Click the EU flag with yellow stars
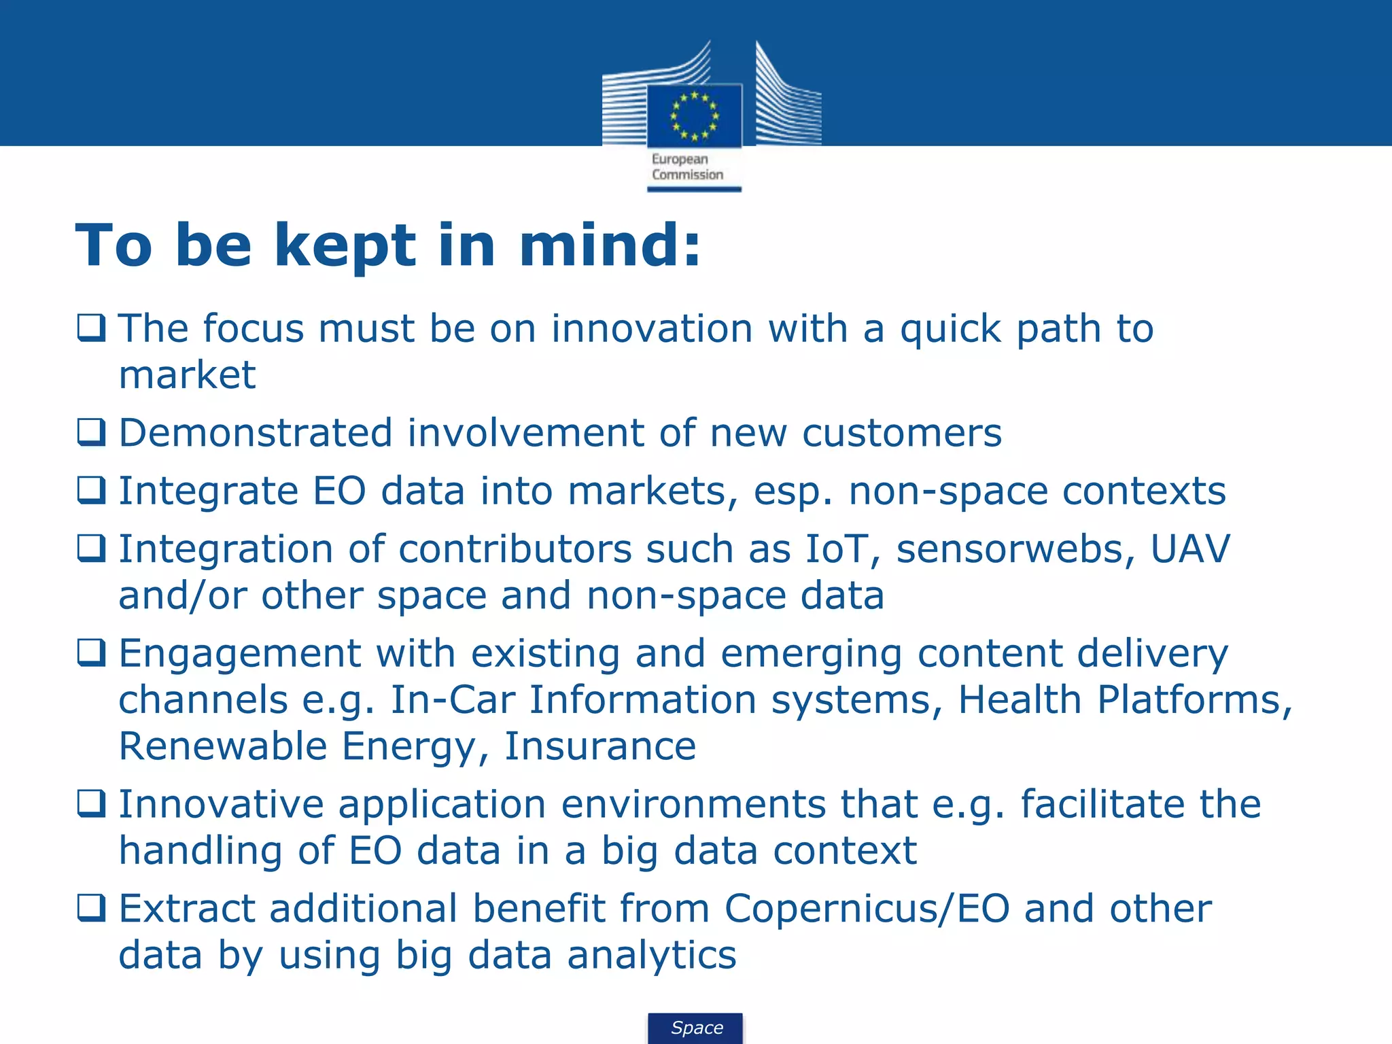point(694,116)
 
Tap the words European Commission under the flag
point(687,167)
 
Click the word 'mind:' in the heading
point(609,245)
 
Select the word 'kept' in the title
point(345,245)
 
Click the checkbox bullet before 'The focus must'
point(91,328)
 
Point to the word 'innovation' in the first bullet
point(651,329)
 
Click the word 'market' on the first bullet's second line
point(187,375)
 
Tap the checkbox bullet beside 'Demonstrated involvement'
point(91,432)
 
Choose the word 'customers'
point(901,433)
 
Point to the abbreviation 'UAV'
point(1189,549)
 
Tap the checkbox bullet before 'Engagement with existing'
point(91,652)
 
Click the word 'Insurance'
point(600,746)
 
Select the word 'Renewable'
point(222,746)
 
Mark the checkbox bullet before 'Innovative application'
point(91,803)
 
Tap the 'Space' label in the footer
point(697,1028)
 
